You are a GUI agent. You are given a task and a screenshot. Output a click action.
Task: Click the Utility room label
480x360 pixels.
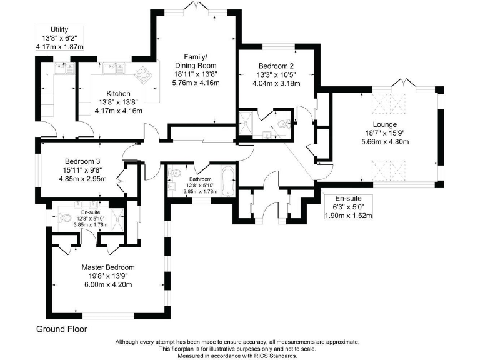[60, 30]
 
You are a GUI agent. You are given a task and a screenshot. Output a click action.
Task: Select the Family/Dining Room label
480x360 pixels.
[196, 60]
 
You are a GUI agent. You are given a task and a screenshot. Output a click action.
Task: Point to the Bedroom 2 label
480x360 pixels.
[275, 66]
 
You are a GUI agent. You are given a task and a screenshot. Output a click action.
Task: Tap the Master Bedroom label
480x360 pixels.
[108, 267]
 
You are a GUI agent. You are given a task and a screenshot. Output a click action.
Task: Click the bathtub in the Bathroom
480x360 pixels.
[227, 181]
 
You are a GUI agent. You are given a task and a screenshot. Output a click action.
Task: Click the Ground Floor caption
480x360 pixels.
[61, 329]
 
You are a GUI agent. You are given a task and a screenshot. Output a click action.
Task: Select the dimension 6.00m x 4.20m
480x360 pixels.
[108, 284]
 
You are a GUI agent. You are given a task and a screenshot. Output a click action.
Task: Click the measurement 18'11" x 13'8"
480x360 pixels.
[196, 72]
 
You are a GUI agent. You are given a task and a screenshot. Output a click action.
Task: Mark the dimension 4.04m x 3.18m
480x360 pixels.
[275, 84]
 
